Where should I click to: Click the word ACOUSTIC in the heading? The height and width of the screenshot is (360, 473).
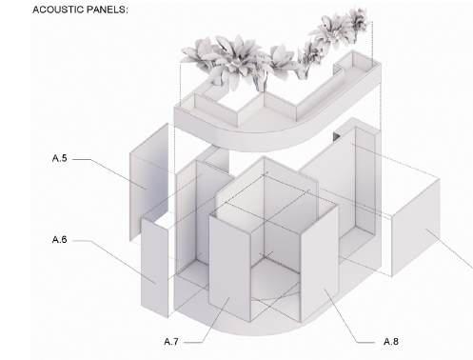58,10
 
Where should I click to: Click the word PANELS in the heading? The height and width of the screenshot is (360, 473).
106,10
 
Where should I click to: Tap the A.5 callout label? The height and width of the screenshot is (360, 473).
60,158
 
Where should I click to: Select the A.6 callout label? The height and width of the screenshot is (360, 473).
60,239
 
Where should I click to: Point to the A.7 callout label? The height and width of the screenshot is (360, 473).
171,342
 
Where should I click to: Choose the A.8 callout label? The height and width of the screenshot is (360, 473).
391,342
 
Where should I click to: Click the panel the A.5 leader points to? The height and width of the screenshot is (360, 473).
148,181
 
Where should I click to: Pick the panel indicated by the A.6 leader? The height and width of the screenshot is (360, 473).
154,267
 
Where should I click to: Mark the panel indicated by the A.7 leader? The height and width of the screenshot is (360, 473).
229,270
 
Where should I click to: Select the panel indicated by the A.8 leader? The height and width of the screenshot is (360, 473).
319,264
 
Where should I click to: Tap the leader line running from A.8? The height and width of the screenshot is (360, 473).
349,316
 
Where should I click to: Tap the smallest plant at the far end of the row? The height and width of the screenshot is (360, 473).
359,20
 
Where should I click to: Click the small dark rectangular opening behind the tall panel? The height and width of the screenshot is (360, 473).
336,136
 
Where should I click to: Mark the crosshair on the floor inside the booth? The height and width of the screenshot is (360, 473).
266,254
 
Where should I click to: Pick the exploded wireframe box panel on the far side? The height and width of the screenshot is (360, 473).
416,227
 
